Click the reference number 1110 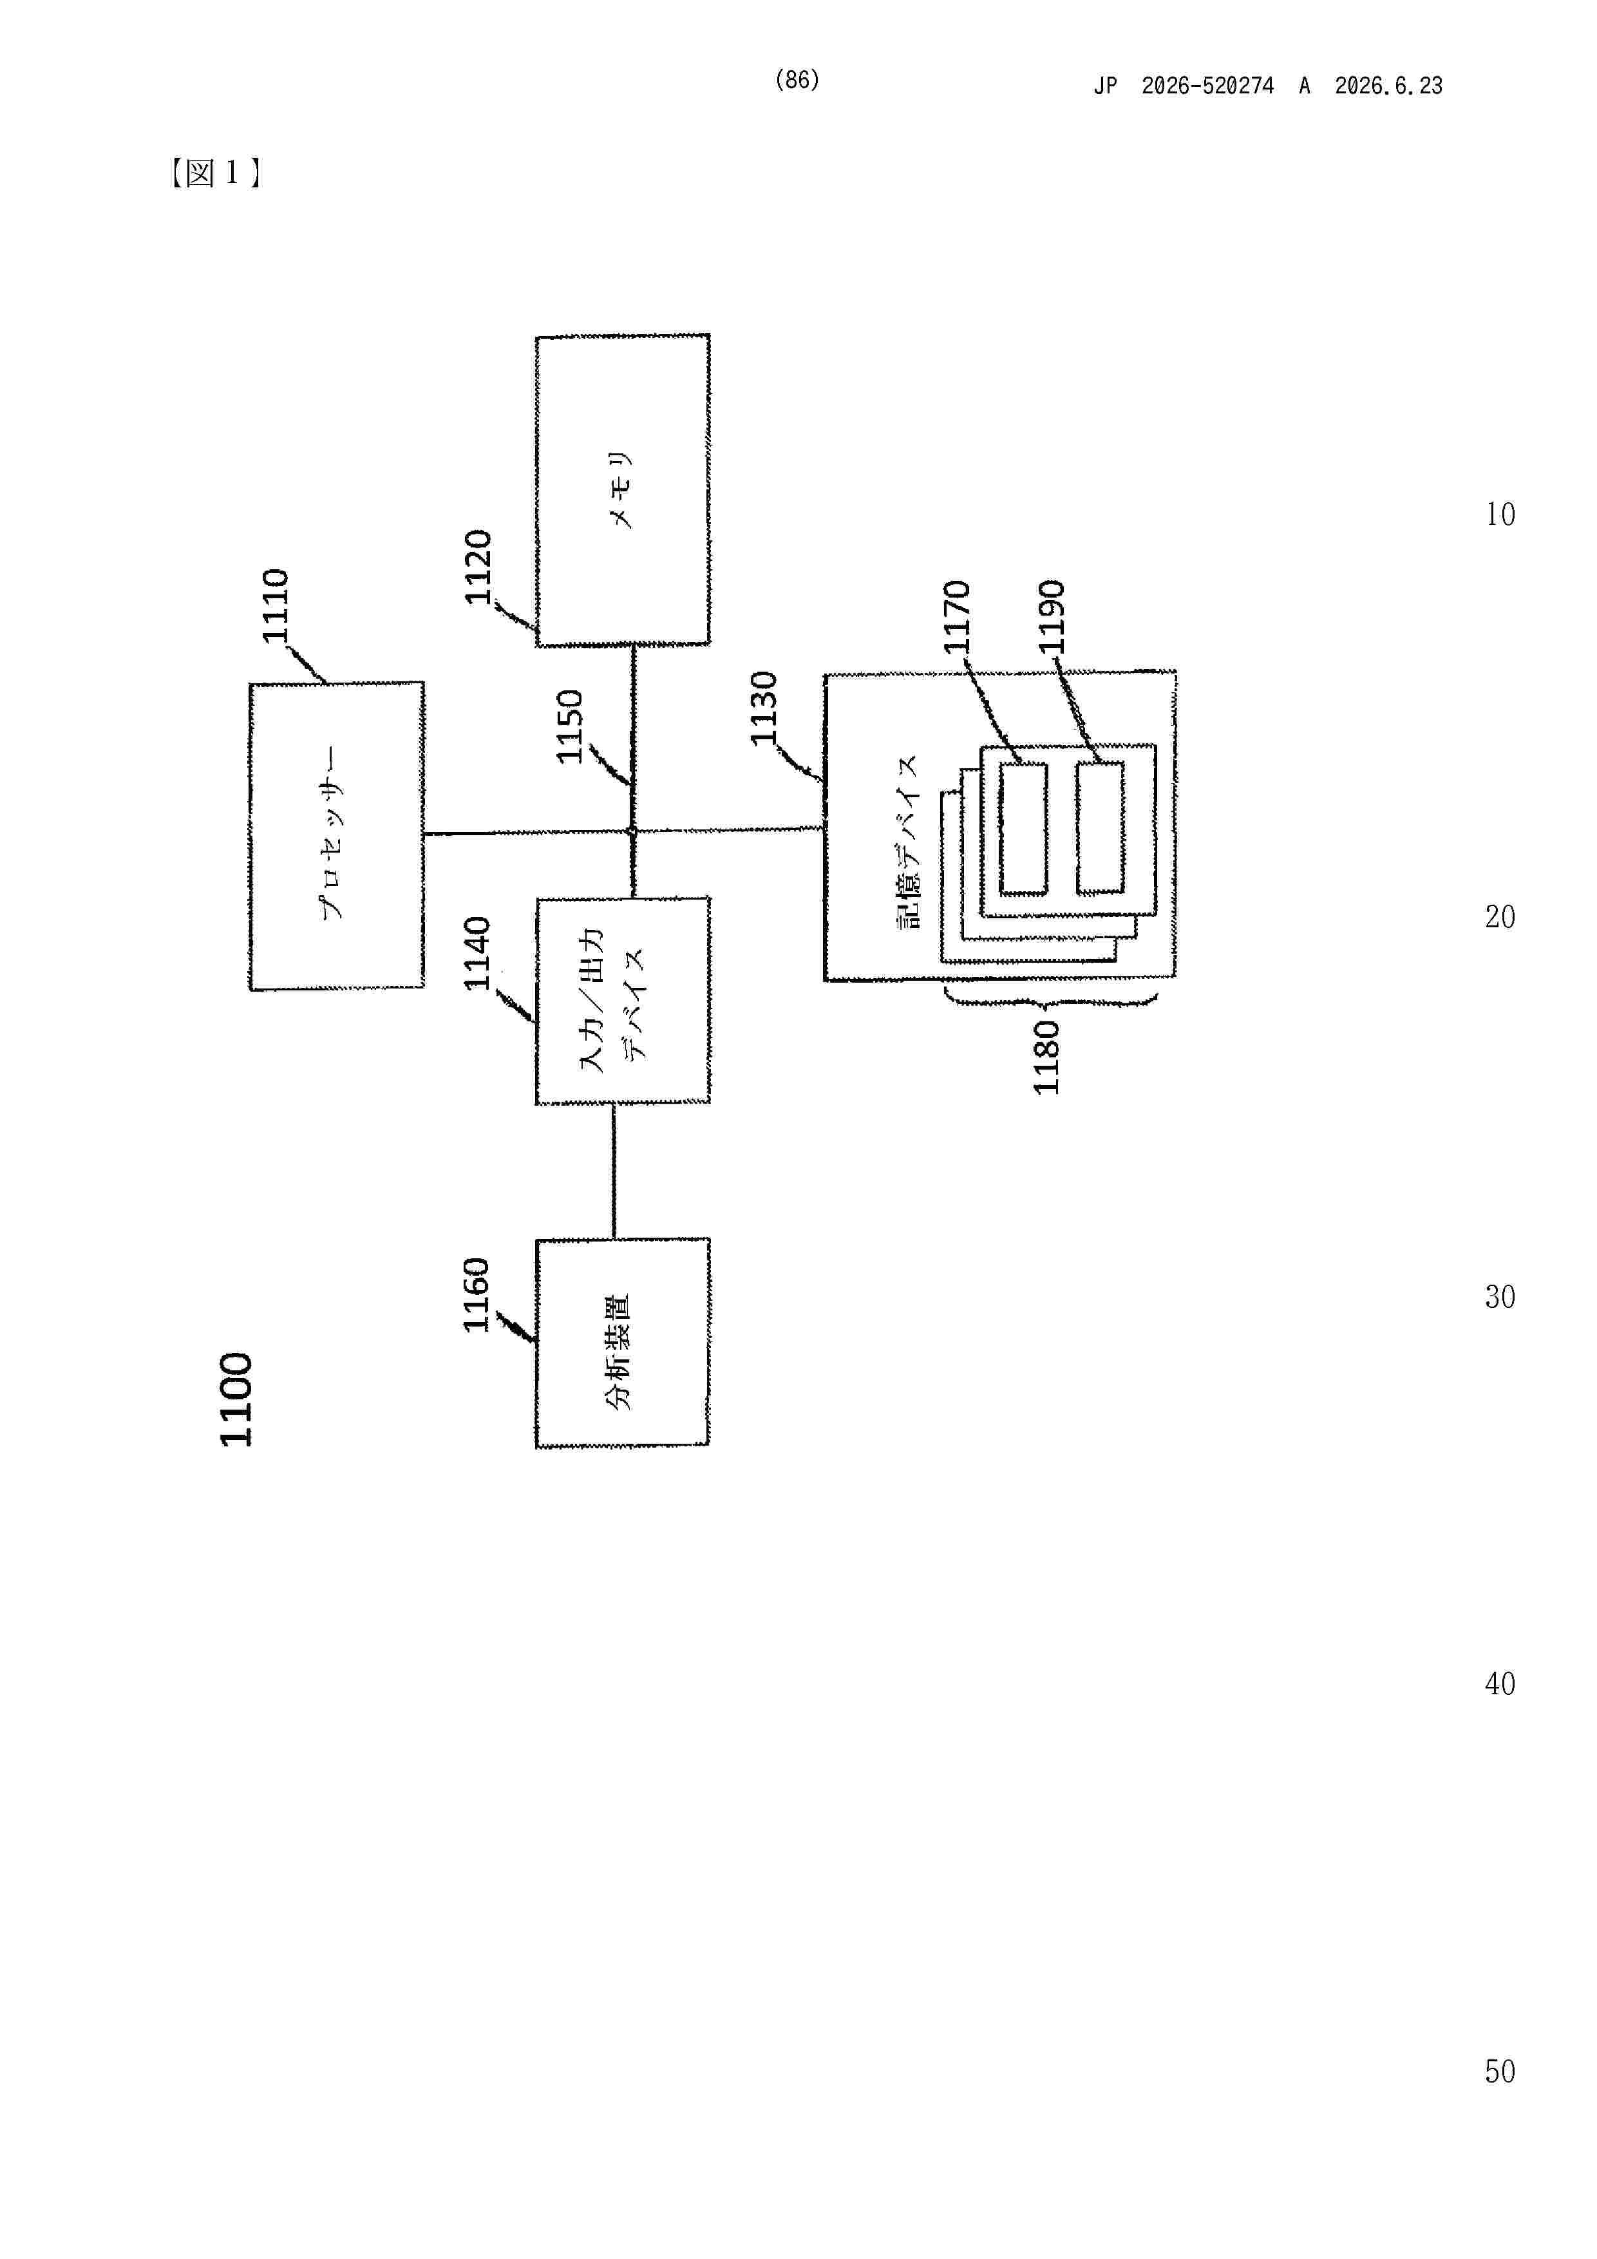point(274,605)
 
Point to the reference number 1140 point(477,954)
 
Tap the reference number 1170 point(956,617)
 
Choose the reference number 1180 point(1045,1057)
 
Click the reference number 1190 point(1051,617)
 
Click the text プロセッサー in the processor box point(332,833)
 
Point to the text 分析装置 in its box point(618,1353)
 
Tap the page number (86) point(797,80)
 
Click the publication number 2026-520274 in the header point(1207,86)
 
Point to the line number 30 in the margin point(1500,1297)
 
